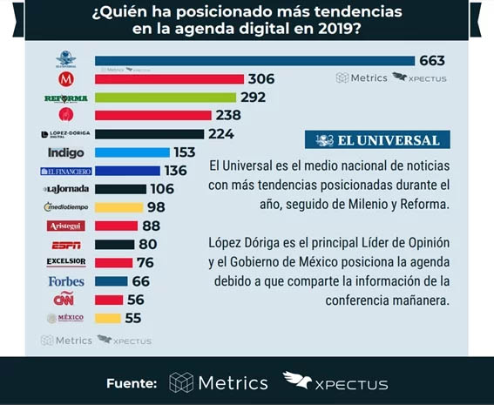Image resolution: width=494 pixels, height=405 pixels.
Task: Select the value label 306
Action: click(261, 79)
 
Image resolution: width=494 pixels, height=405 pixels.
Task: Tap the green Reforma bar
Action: click(165, 98)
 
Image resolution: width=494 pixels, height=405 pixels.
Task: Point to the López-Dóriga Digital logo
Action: click(65, 134)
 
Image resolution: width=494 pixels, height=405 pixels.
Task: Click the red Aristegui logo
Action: click(65, 226)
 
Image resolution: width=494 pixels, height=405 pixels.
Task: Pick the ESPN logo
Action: click(65, 244)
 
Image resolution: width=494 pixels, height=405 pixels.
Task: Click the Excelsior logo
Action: click(65, 262)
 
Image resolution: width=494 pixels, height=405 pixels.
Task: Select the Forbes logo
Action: click(65, 281)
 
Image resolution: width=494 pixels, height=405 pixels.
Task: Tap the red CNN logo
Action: click(65, 300)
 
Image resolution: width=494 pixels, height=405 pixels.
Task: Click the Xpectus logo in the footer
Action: click(335, 382)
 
